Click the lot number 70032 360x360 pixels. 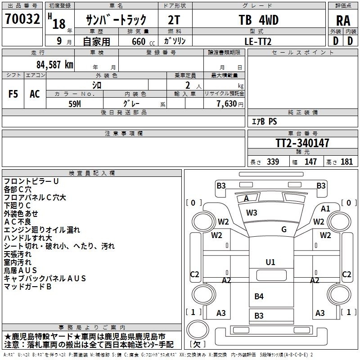pyautogui.click(x=22, y=19)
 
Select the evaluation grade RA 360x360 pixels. pyautogui.click(x=343, y=21)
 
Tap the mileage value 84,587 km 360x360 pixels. pyautogui.click(x=55, y=64)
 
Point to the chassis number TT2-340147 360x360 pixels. pyautogui.click(x=302, y=143)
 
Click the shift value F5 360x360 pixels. pyautogui.click(x=13, y=94)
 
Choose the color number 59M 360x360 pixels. pyautogui.click(x=75, y=104)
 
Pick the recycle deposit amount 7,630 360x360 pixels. pyautogui.click(x=226, y=103)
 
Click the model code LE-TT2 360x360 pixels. pyautogui.click(x=258, y=41)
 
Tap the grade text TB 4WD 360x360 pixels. pyautogui.click(x=258, y=20)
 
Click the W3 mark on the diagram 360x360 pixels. pyautogui.click(x=252, y=212)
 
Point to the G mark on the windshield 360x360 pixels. pyautogui.click(x=284, y=229)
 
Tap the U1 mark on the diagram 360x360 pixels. pyautogui.click(x=270, y=262)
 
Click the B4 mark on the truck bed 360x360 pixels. pyautogui.click(x=259, y=296)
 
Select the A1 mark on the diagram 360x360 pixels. pyautogui.click(x=325, y=209)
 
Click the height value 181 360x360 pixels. pyautogui.click(x=346, y=162)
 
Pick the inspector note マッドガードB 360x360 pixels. pyautogui.click(x=27, y=287)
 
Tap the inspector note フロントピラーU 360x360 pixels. pyautogui.click(x=31, y=181)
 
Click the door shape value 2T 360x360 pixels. pyautogui.click(x=174, y=20)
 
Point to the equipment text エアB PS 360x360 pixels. pyautogui.click(x=264, y=121)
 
